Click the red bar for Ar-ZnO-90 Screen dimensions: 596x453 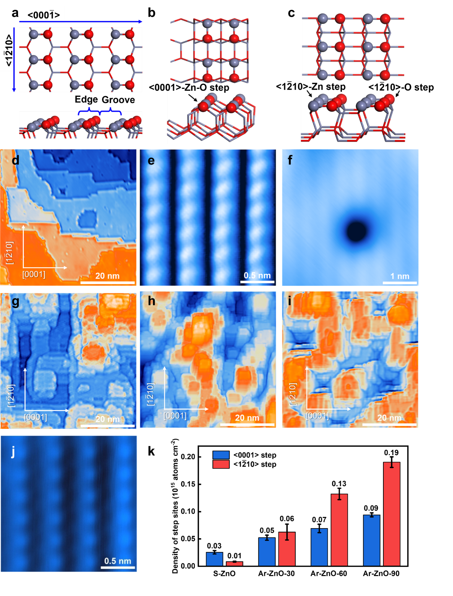pos(392,514)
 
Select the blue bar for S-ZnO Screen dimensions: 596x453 pos(214,559)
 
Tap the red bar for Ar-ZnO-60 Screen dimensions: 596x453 pos(339,530)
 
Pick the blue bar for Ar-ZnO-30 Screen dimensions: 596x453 pos(267,552)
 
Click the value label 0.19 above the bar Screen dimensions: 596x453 pos(391,453)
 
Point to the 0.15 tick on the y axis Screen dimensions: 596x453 pos(188,484)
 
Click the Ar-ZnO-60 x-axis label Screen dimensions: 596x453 pos(328,574)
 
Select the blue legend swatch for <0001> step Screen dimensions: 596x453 pos(221,455)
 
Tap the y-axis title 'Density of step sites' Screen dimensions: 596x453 pos(175,506)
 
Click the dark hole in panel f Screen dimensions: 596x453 pos(357,231)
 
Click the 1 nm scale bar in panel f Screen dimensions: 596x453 pos(400,282)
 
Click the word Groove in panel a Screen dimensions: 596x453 pos(118,100)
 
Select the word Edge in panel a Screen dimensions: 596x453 pos(86,100)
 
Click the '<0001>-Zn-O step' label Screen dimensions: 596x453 pos(189,88)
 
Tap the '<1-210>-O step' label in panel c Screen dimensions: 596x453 pos(401,87)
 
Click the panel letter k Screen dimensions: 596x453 pos(152,452)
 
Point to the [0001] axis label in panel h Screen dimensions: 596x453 pos(175,416)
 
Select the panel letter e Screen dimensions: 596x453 pos(151,160)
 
